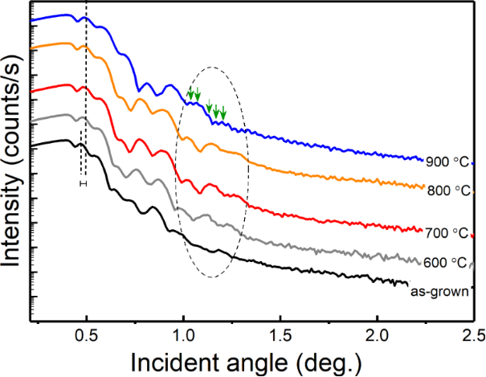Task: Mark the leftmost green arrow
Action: point(190,94)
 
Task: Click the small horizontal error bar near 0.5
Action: point(82,183)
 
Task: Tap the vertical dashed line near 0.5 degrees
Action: point(86,96)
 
